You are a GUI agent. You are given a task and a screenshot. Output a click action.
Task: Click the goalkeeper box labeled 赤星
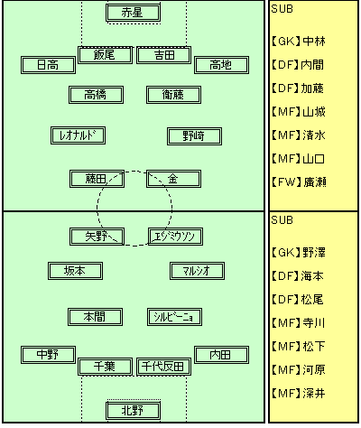point(133,13)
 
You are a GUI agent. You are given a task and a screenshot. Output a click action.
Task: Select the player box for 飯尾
point(105,55)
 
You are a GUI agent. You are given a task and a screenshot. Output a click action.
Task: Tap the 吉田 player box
point(163,55)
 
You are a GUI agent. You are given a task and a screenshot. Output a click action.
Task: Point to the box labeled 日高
point(48,65)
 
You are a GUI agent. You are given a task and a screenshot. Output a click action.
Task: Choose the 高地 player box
point(221,65)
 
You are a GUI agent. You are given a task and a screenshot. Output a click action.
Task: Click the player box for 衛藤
point(173,95)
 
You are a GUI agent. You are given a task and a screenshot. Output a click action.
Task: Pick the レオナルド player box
point(78,135)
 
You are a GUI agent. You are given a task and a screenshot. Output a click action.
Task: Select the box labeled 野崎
point(194,136)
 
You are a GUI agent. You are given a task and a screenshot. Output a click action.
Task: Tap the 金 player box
point(173,179)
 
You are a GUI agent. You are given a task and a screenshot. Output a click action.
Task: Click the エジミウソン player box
point(175,237)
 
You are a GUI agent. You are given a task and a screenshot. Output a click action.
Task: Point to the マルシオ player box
point(197,271)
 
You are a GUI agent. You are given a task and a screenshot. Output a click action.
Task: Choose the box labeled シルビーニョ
point(174,317)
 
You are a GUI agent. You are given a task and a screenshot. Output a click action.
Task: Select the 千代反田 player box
point(163,367)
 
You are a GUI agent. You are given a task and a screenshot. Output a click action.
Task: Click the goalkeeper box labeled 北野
point(133,411)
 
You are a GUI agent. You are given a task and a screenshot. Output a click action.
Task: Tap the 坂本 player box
point(75,271)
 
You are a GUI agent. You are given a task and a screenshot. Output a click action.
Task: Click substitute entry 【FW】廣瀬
point(299,182)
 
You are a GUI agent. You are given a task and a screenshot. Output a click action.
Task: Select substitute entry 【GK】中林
point(299,41)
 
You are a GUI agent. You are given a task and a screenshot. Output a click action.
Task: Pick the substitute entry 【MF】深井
point(299,394)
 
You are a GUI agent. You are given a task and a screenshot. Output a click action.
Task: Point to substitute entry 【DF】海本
point(298,276)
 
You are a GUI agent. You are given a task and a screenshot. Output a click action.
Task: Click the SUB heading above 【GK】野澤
point(282,220)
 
